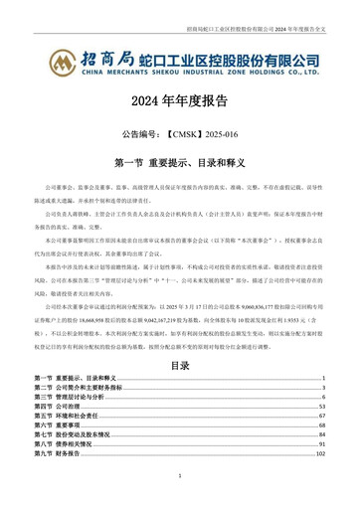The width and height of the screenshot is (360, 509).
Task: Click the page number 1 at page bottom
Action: coord(180,477)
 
